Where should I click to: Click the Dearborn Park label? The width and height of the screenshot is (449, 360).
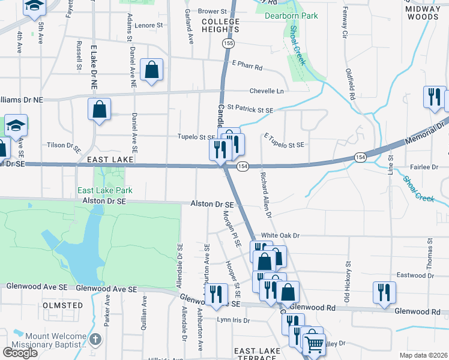pos(291,16)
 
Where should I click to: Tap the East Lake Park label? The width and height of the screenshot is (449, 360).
pos(105,191)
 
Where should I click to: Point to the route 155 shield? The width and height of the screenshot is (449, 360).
pos(228,44)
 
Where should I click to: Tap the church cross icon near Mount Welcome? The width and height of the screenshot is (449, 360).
pos(95,340)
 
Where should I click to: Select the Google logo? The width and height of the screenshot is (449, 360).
pos(20,353)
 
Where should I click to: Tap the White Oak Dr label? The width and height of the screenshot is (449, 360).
pos(280,236)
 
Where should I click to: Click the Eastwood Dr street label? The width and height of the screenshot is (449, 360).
pos(415,275)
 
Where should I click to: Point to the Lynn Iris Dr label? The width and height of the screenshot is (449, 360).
pos(233,320)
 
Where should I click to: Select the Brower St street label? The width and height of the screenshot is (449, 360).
pos(212,11)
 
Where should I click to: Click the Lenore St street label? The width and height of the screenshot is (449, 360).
pos(149,25)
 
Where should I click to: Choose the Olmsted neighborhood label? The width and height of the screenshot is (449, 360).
pos(64,305)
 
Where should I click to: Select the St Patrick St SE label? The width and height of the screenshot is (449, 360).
pos(250,110)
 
